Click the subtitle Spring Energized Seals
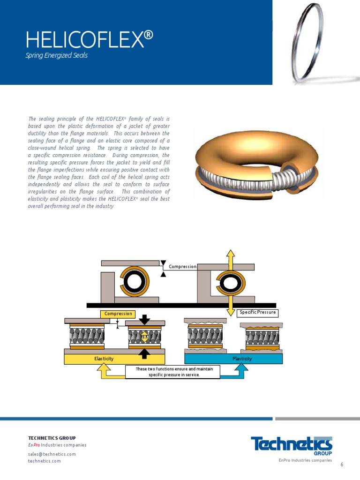point(57,56)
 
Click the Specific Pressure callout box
point(257,313)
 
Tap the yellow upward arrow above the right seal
point(230,258)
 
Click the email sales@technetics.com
point(52,454)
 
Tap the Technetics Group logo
point(292,445)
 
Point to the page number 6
point(342,465)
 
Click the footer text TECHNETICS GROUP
point(52,438)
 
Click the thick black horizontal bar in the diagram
point(181,305)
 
